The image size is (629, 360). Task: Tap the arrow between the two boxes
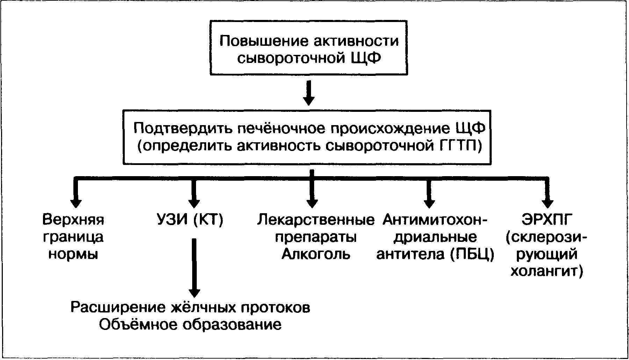(x=309, y=93)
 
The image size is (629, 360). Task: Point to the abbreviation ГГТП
(x=456, y=145)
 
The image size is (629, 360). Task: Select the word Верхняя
(x=73, y=220)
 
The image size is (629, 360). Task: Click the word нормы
(x=73, y=254)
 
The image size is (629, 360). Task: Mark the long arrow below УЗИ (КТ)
(x=194, y=268)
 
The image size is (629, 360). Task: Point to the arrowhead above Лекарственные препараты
(x=312, y=203)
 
